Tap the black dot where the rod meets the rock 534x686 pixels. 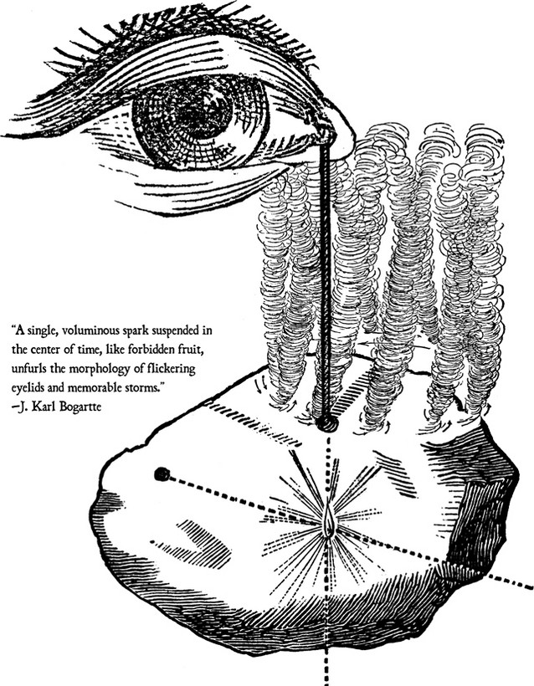(x=328, y=424)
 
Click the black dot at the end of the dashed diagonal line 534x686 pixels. (x=162, y=474)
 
